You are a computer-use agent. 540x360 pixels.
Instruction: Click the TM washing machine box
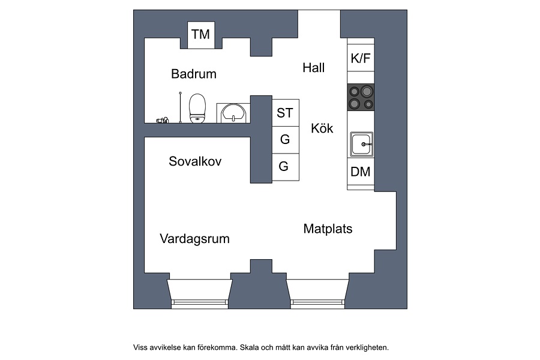(201, 35)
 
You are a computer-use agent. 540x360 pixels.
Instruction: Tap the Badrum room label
(194, 74)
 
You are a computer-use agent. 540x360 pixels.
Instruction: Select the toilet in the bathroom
(197, 108)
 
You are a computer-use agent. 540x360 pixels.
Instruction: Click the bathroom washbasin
(233, 113)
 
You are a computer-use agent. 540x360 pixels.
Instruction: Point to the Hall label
(313, 68)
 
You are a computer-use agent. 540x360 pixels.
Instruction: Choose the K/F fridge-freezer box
(361, 58)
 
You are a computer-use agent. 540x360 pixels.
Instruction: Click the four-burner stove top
(361, 97)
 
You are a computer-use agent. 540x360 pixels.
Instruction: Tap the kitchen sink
(362, 144)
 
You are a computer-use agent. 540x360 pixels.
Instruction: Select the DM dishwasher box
(361, 172)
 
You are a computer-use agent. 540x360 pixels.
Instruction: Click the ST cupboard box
(286, 113)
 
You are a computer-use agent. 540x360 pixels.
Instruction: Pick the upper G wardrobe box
(286, 140)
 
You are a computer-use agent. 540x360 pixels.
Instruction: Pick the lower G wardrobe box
(286, 167)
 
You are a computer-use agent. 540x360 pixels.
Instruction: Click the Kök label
(322, 128)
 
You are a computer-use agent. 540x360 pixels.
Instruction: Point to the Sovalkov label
(195, 161)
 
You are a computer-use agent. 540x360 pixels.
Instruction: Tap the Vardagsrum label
(194, 239)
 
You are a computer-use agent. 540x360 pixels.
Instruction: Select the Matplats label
(328, 229)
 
